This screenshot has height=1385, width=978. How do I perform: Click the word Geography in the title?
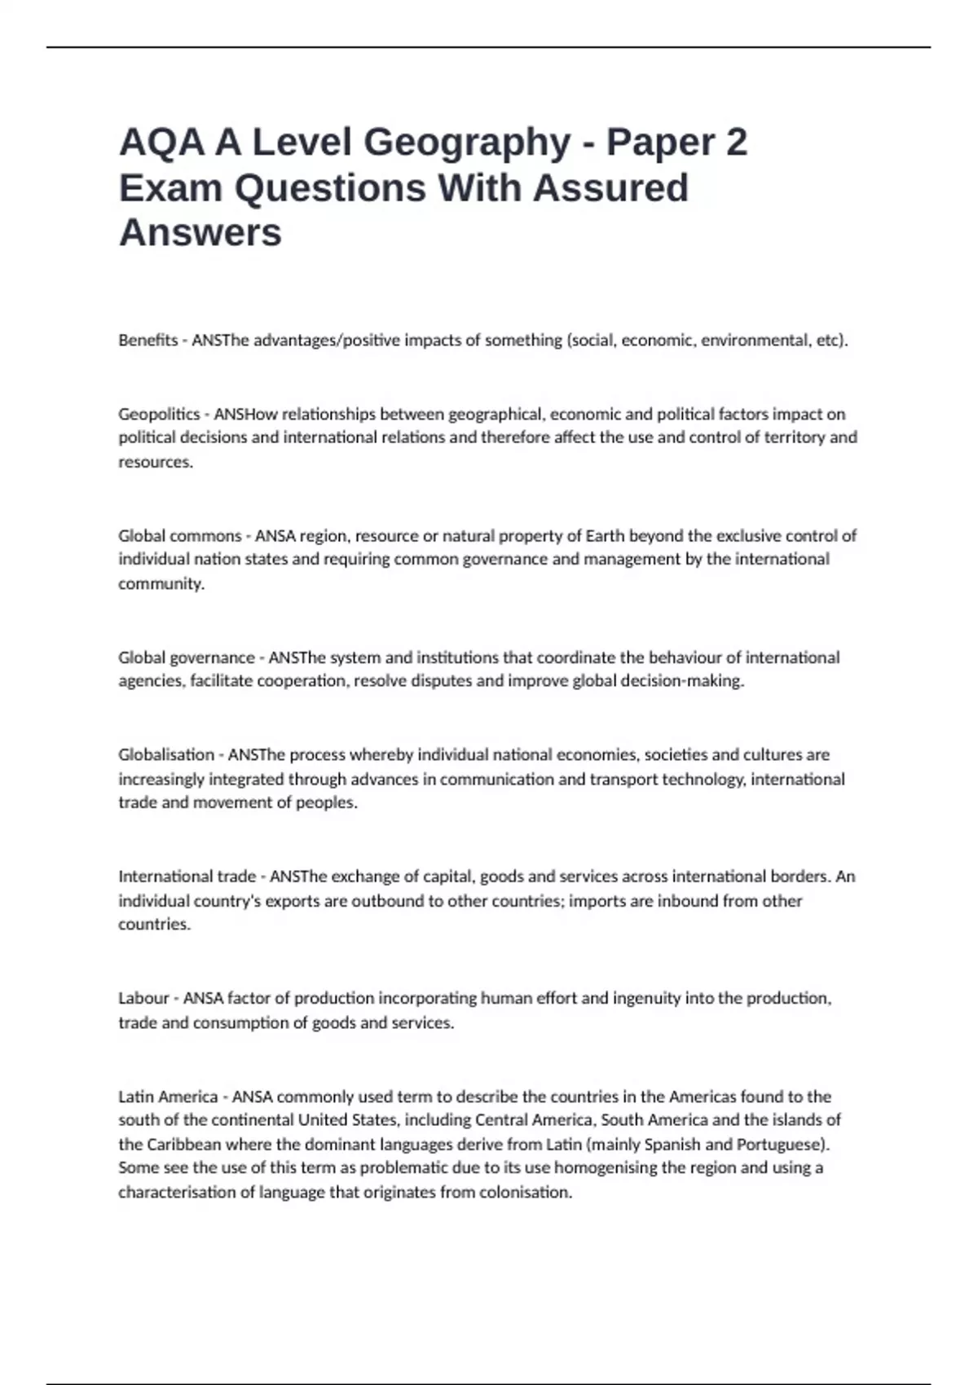467,143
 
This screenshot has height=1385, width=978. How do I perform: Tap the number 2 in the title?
735,143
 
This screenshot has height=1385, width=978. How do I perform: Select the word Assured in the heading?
611,188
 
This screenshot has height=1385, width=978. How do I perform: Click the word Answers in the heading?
200,233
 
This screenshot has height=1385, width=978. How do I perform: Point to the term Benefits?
148,341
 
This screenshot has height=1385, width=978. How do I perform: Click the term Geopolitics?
159,414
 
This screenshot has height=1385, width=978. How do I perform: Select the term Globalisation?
165,755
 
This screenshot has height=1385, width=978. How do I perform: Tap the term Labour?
143,999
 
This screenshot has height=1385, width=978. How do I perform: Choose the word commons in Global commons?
205,536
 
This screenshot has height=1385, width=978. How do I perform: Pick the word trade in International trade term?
236,877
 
